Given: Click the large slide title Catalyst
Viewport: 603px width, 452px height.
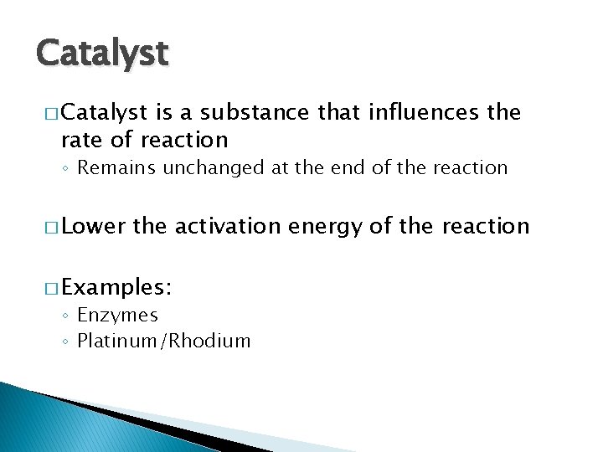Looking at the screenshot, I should pyautogui.click(x=102, y=54).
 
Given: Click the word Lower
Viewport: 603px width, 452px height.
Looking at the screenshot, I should pyautogui.click(x=93, y=226).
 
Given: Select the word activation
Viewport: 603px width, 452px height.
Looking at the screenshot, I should pyautogui.click(x=227, y=226).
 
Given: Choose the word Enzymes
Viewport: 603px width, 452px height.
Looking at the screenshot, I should pyautogui.click(x=117, y=316).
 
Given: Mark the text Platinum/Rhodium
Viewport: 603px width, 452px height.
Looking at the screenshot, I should pyautogui.click(x=163, y=341).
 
